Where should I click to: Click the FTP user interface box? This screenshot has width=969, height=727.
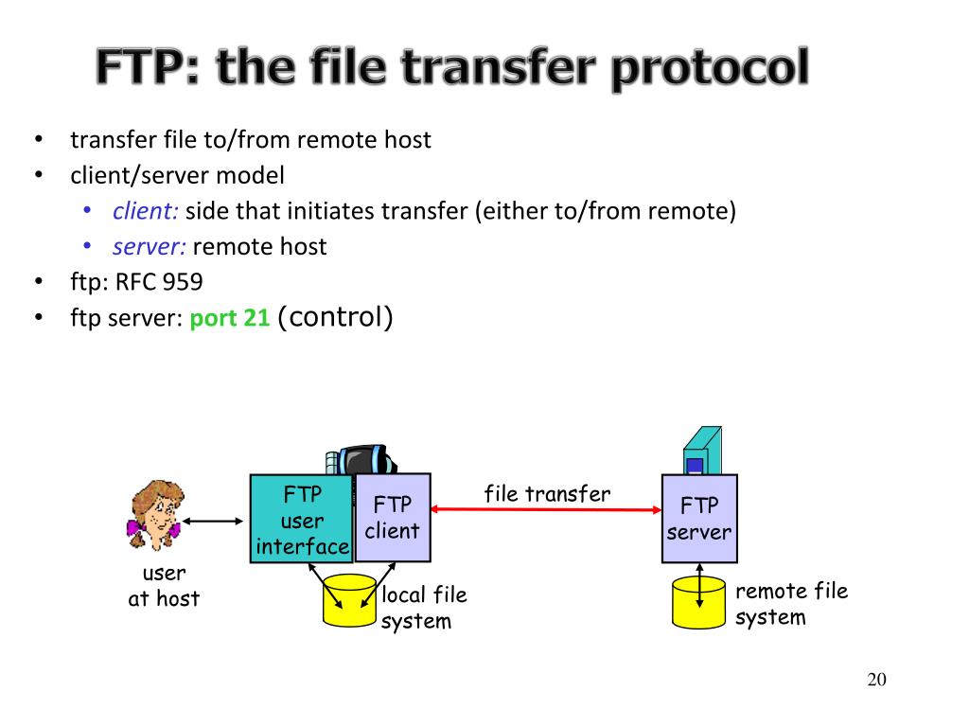[x=301, y=520]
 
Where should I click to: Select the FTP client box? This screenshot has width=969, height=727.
[x=392, y=518]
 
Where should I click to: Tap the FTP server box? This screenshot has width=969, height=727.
[x=698, y=519]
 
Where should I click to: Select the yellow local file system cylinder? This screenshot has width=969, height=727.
[x=350, y=600]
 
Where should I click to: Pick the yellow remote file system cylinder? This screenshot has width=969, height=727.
[x=698, y=602]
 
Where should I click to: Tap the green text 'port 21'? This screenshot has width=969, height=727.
[x=230, y=319]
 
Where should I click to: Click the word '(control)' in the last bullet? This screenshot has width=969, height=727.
[x=335, y=317]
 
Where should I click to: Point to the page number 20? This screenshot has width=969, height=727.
[x=876, y=680]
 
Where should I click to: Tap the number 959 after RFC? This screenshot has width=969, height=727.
[x=181, y=282]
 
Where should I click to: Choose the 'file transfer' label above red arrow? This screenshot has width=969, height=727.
[x=547, y=493]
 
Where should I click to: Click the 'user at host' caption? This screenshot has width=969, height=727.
[x=164, y=586]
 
